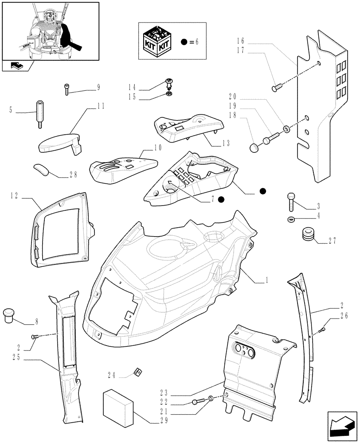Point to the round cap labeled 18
coord(254,147)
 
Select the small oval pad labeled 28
coord(41,169)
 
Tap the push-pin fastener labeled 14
coord(169,82)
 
